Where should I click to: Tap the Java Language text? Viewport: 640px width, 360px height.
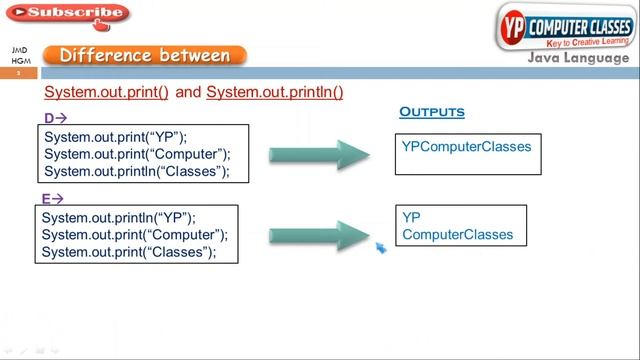(579, 58)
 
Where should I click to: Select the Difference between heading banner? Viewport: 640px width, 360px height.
(145, 56)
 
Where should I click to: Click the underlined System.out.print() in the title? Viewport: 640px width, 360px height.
(107, 92)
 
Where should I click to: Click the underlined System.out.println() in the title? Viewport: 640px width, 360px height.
(274, 92)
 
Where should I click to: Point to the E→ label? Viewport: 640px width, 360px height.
(52, 199)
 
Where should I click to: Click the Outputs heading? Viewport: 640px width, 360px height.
(432, 112)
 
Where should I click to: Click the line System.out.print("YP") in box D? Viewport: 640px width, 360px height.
(115, 137)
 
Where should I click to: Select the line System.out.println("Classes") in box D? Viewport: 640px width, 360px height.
(137, 171)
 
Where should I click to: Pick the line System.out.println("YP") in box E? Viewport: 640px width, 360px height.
(118, 217)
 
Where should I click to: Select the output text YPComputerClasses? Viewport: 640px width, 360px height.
(466, 147)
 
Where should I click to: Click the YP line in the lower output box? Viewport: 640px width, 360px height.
(411, 217)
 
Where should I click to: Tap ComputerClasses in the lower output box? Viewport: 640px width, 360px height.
(457, 235)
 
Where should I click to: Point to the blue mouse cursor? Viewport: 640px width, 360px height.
(381, 247)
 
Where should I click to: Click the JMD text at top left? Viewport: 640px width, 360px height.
(19, 49)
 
